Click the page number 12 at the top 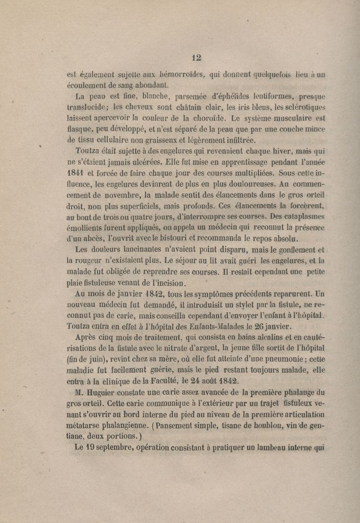196,58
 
